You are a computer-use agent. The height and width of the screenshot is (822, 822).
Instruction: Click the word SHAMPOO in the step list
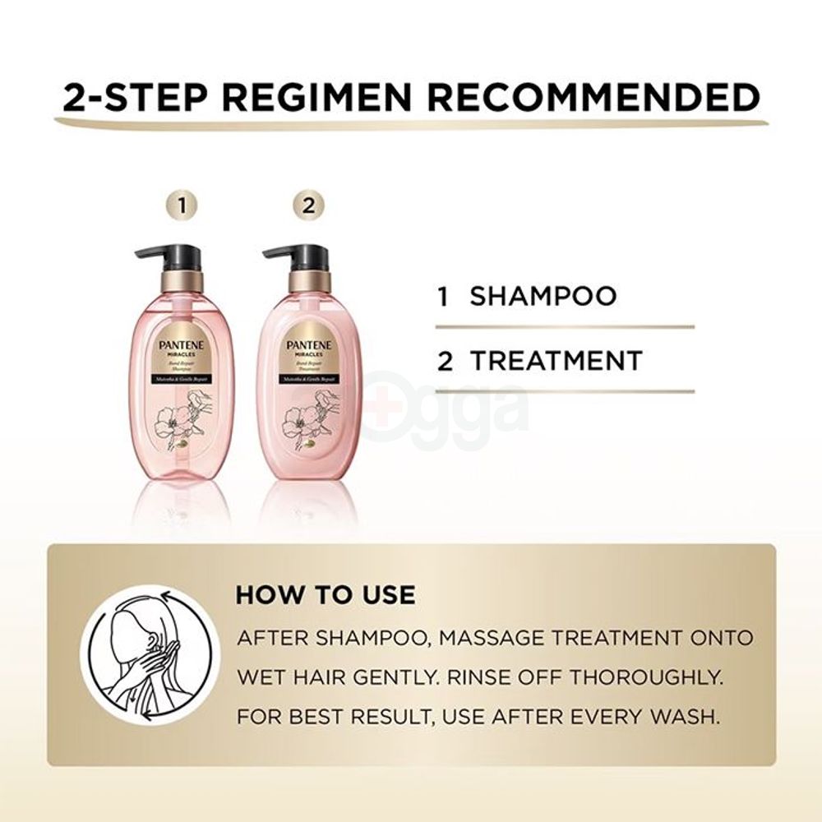click(x=543, y=297)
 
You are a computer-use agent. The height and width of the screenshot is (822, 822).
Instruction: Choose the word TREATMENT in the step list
click(x=556, y=361)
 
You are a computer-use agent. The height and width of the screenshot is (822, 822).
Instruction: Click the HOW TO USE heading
click(x=326, y=594)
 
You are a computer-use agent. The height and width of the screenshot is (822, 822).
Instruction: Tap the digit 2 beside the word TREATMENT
click(x=445, y=362)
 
